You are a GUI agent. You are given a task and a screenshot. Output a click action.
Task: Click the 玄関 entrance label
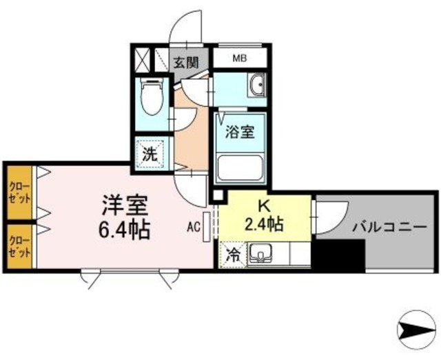[x=185, y=62]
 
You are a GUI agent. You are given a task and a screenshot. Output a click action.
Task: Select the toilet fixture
[x=150, y=99]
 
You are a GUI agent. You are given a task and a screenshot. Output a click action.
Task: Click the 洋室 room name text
[x=124, y=205]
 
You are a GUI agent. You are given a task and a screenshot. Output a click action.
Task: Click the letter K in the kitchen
[x=263, y=206]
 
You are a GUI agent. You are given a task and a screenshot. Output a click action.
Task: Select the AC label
[x=194, y=226]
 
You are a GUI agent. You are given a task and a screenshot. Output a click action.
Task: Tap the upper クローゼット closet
[x=19, y=192]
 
